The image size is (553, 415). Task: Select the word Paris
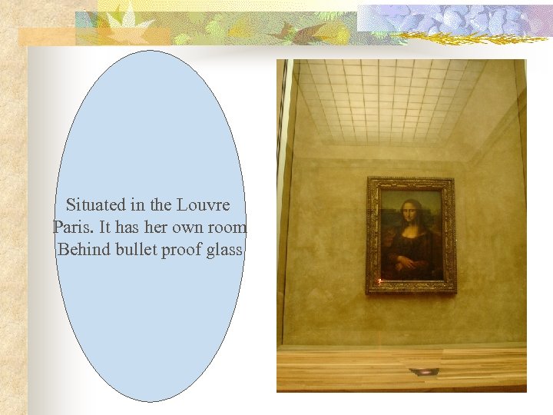click(x=70, y=227)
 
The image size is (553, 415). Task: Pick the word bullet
click(x=135, y=250)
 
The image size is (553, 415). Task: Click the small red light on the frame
click(x=379, y=281)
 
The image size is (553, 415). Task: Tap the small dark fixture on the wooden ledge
click(x=424, y=372)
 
